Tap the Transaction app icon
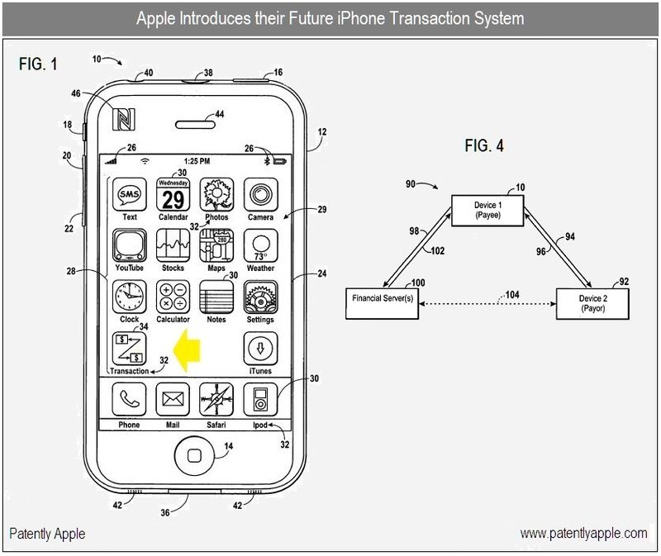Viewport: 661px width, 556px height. point(129,348)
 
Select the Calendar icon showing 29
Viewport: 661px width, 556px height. point(173,195)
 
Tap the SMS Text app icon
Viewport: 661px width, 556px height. point(130,195)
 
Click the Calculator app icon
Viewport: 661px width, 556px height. point(173,297)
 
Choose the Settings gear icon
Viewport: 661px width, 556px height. point(260,297)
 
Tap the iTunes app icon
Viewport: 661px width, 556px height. point(259,349)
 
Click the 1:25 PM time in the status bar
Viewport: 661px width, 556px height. point(196,160)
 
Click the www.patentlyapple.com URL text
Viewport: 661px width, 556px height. point(583,534)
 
